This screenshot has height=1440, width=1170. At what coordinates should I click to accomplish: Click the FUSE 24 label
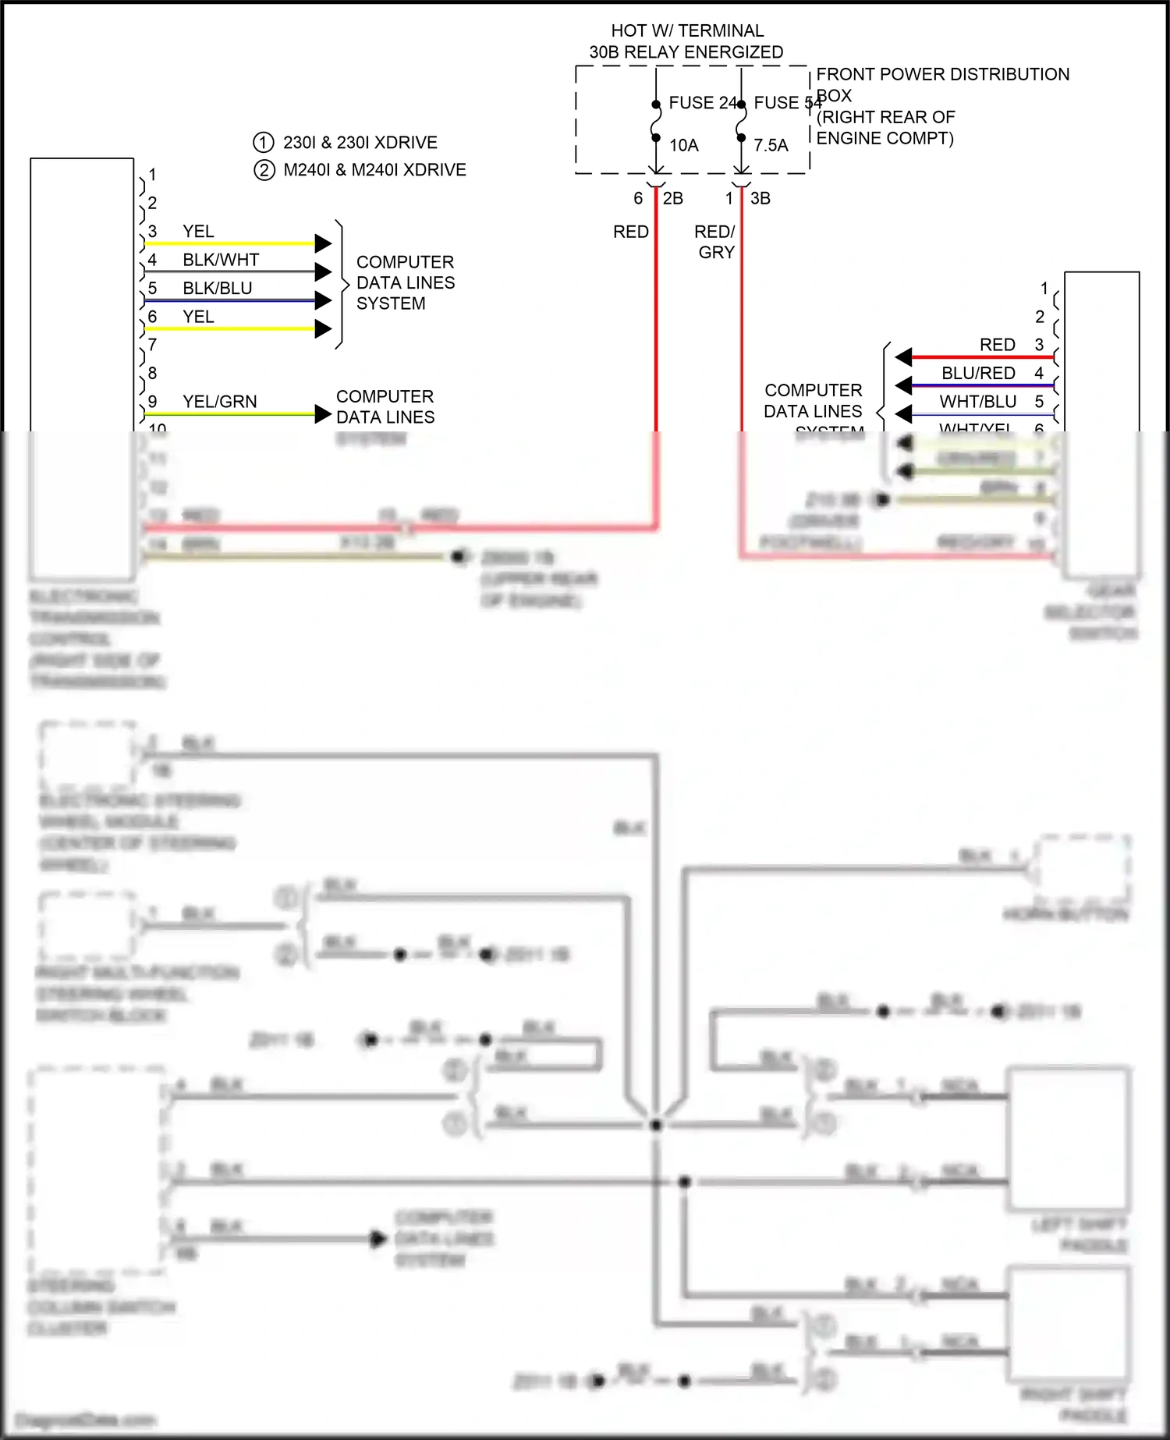coord(702,103)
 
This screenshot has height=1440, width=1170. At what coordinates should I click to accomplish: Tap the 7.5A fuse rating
coord(771,146)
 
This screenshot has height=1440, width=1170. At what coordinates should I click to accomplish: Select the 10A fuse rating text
coord(683,146)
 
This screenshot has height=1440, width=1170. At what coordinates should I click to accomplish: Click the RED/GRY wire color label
coord(715,242)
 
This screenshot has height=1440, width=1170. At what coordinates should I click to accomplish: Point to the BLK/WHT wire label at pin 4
coord(221,260)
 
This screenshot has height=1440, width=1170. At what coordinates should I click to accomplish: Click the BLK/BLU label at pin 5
coord(218,289)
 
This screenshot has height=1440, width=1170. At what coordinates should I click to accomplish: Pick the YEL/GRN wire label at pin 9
coord(220,402)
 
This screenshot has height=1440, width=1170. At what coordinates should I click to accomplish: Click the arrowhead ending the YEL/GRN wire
coord(323,414)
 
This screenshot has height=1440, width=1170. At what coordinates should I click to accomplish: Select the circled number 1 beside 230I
coord(264,143)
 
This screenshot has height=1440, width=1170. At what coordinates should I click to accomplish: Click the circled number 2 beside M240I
coord(264,170)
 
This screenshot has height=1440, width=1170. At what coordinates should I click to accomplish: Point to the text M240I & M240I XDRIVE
coord(374,170)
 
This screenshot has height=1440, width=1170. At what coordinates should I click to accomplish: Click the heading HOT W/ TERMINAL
coord(687,30)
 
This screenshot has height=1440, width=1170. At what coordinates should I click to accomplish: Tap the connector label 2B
coord(673,199)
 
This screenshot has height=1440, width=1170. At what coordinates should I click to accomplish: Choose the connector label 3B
coord(760,199)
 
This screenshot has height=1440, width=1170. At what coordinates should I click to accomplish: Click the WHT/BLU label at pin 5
coord(977,402)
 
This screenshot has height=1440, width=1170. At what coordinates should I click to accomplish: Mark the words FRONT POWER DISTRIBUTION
coord(942,74)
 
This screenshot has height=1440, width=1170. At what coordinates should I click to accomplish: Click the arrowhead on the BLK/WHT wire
coord(323,271)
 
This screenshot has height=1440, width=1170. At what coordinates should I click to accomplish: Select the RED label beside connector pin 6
coord(630,232)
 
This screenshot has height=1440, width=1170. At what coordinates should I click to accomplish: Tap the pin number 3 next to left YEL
coord(153,232)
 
